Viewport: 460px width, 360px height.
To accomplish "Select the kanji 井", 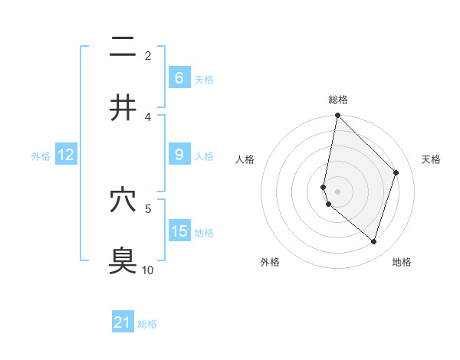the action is tap(123, 108).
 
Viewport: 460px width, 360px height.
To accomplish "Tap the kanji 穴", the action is tap(123, 200).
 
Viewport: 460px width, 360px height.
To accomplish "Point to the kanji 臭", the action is tap(123, 260).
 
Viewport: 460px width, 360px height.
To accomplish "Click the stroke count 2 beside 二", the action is tap(148, 55).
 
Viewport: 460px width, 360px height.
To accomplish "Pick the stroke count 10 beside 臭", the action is tap(148, 270).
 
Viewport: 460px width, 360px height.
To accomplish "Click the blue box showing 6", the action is tap(179, 78).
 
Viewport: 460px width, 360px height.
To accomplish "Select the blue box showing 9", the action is tap(179, 155).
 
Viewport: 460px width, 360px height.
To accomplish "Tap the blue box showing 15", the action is tap(179, 231).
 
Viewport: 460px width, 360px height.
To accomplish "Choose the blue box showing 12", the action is tap(66, 155).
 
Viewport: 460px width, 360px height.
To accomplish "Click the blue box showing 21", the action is tap(123, 323).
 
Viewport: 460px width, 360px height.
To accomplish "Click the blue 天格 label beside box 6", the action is tap(204, 79).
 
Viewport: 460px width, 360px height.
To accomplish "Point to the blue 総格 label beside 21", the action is tap(147, 324).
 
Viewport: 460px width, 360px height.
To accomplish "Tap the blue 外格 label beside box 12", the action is tap(41, 155).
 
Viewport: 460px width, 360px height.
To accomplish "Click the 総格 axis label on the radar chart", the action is tap(338, 100).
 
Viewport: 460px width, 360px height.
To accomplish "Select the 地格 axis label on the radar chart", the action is tap(402, 262).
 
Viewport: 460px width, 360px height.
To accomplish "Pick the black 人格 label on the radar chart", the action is tap(245, 159).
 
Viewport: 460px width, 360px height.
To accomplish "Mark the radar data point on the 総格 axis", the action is tap(338, 115).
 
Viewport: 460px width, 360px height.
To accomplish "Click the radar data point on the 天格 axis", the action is tap(396, 172).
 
